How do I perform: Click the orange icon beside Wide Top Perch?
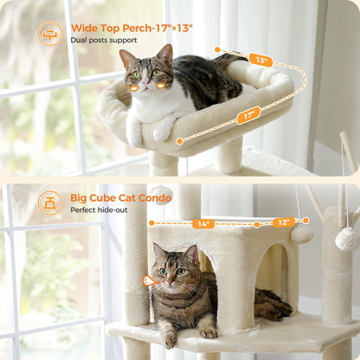coord(49,33)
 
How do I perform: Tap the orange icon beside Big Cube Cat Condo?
coord(49,202)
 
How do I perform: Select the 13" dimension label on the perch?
coord(260,60)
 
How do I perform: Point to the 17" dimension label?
coord(248,114)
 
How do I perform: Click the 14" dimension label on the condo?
coord(203,223)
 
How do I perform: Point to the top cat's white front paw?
coord(163,130)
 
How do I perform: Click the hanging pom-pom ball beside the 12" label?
coord(301,233)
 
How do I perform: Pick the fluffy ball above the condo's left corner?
coord(162,193)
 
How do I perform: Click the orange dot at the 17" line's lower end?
coord(179,140)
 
